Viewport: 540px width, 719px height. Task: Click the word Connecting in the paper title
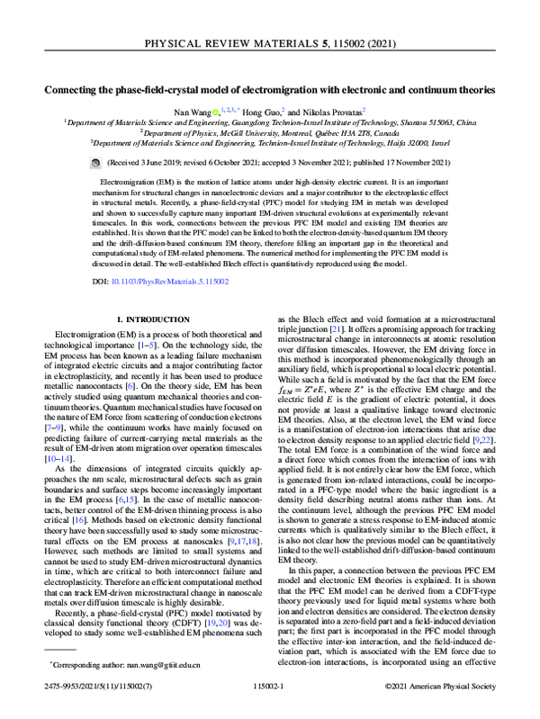(75, 90)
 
